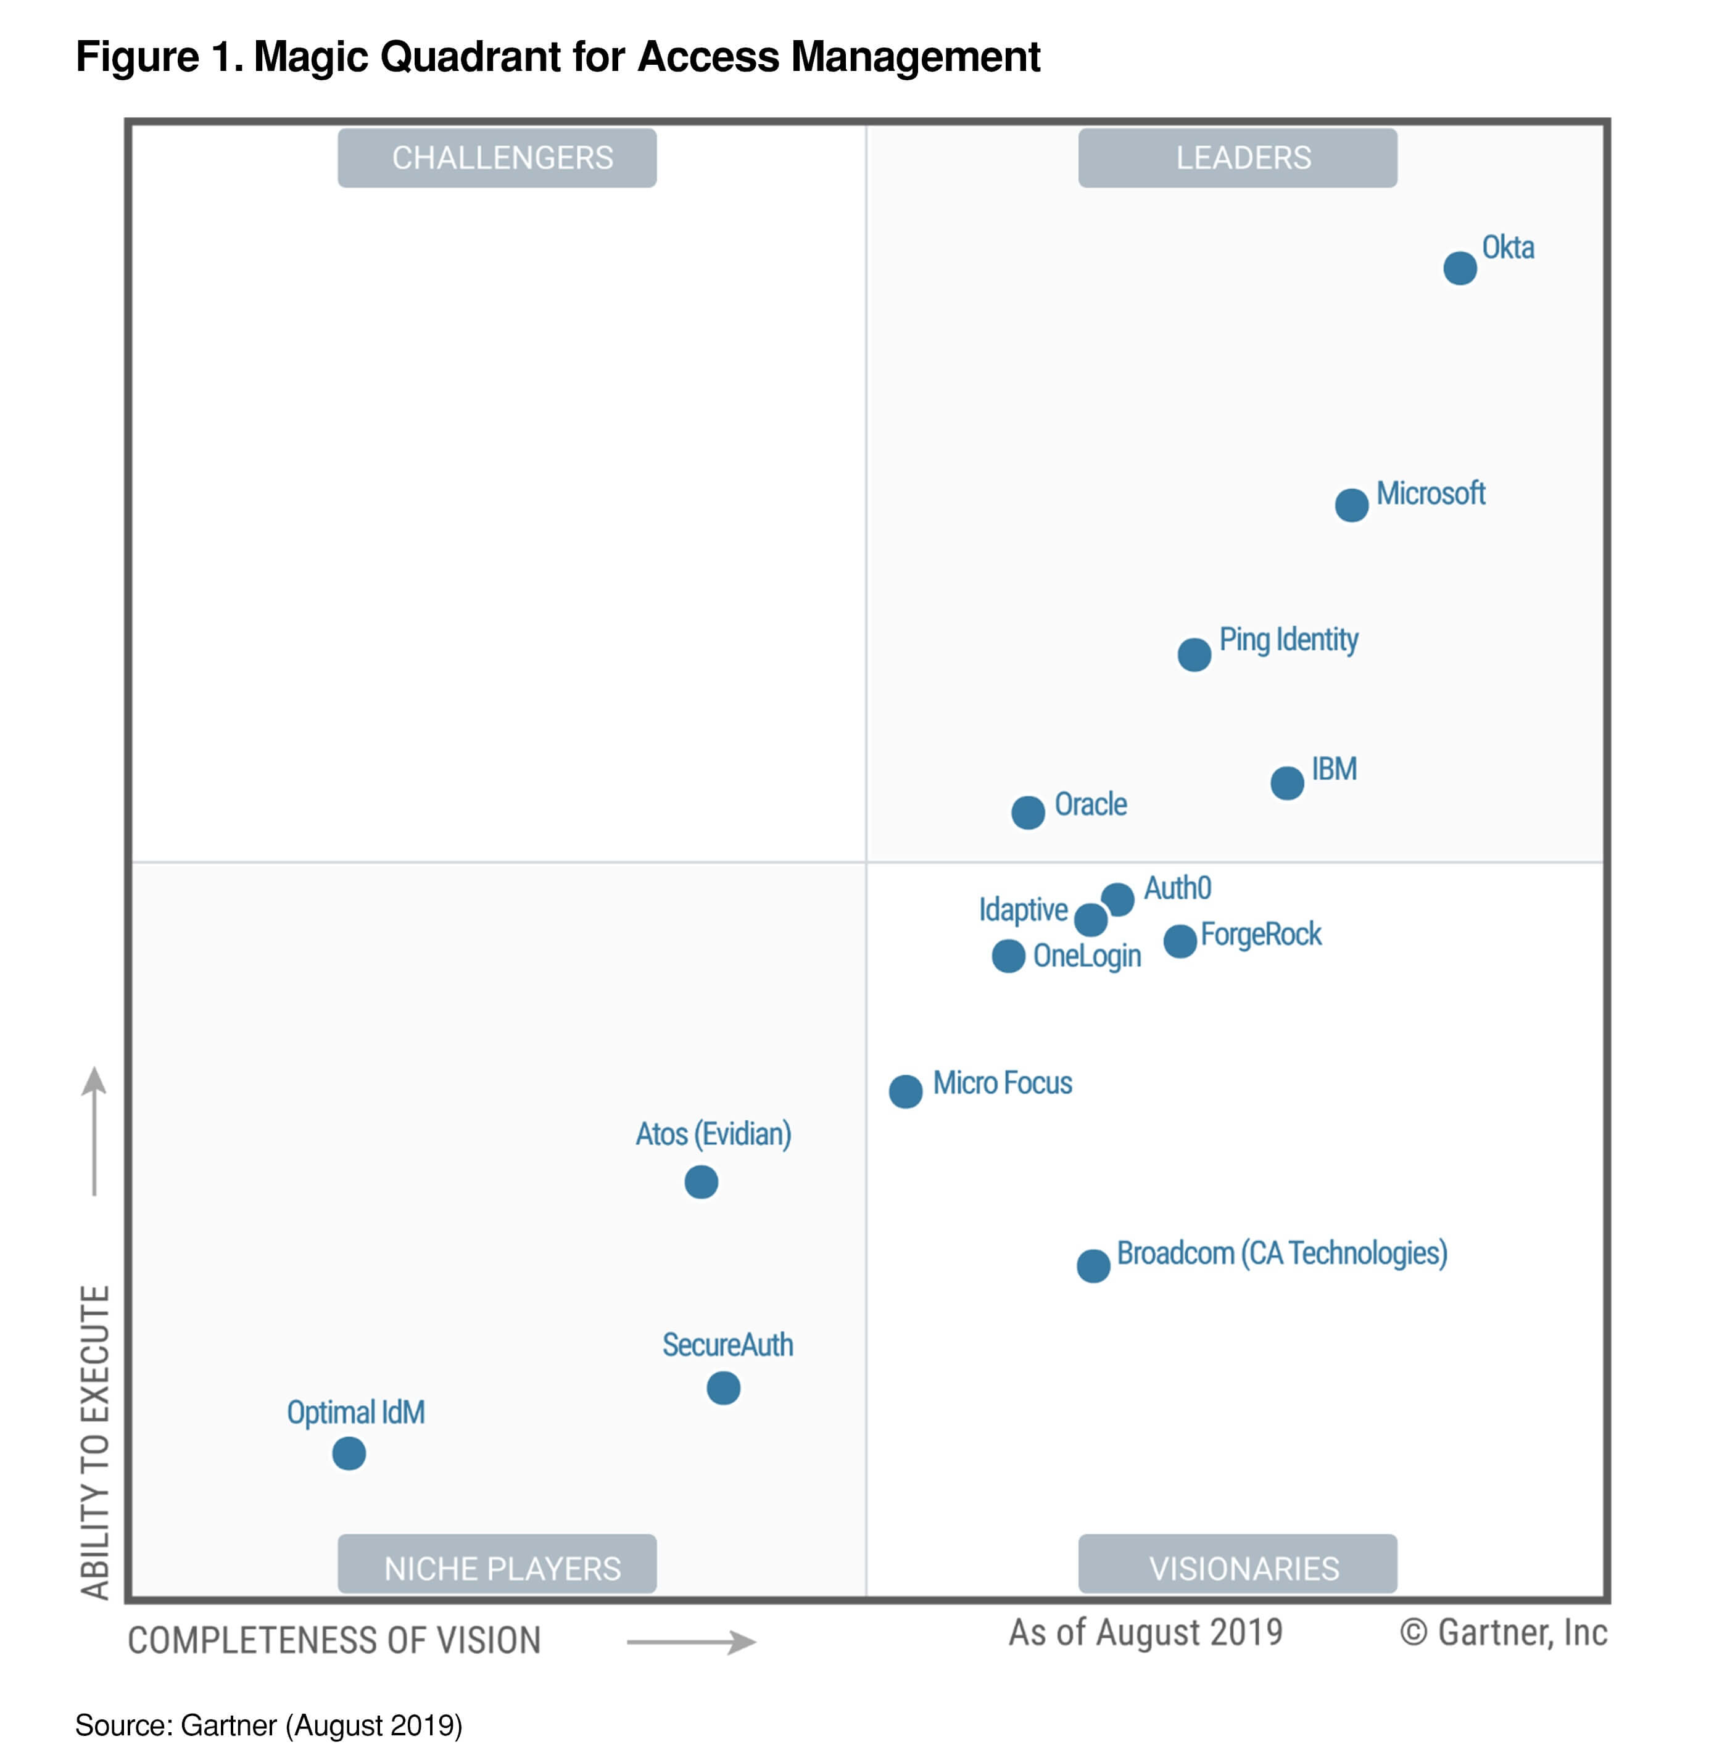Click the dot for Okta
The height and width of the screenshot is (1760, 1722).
pos(1460,268)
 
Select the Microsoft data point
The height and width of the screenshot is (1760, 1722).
pos(1351,505)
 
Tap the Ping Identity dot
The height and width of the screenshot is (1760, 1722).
pos(1194,654)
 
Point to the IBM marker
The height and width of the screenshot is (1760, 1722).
pos(1287,782)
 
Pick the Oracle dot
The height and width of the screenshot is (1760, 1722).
pos(1027,812)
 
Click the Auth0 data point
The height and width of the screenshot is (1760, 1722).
pos(1118,899)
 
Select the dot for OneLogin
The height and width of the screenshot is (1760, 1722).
pos(1008,956)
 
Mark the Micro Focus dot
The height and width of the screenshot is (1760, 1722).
pos(905,1091)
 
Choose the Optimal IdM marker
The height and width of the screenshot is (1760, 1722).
pos(349,1453)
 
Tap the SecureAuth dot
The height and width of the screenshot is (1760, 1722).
pos(724,1387)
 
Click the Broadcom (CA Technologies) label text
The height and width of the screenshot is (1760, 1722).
pos(1281,1253)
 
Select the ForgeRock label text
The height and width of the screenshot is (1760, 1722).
pos(1260,934)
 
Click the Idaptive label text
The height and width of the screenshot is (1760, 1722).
pos(1023,909)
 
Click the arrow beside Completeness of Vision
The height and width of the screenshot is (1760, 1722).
pos(692,1642)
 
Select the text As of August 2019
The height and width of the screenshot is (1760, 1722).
pos(1146,1632)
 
